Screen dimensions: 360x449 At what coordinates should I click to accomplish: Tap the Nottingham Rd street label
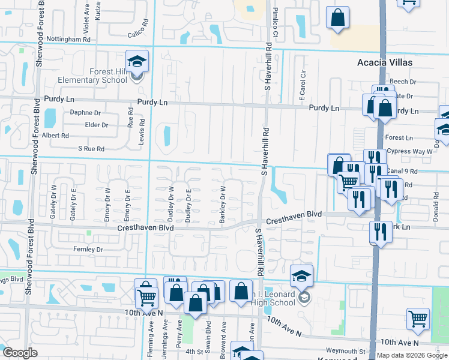(x=71, y=39)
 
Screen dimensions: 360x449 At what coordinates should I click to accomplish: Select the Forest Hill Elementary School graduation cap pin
(x=137, y=62)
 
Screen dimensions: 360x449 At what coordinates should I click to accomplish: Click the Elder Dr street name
(x=97, y=125)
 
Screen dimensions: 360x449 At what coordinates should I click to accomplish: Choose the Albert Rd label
(x=55, y=136)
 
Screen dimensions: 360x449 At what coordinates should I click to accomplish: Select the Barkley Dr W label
(x=223, y=205)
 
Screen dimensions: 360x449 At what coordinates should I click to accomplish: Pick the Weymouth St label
(x=345, y=351)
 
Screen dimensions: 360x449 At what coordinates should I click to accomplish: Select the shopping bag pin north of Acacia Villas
(x=338, y=18)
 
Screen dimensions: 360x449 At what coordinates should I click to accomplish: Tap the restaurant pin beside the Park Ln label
(x=381, y=232)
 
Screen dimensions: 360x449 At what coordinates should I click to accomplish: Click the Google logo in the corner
(x=20, y=353)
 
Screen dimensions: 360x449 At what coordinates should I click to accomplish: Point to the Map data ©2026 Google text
(x=411, y=355)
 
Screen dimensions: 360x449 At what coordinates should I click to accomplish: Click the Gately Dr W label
(x=53, y=205)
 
